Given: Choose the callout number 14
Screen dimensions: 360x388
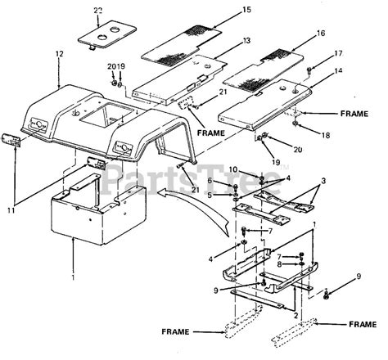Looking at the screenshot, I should tap(339, 72).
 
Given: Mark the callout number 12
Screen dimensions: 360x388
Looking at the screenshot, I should tap(58, 54).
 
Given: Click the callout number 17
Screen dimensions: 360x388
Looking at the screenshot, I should tap(338, 54).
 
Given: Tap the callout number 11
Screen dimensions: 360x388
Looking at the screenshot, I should tap(9, 211).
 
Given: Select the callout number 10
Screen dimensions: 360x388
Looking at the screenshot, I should tap(210, 169).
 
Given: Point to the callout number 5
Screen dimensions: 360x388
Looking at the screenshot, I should tap(210, 195).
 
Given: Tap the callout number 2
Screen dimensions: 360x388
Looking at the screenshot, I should tap(295, 313).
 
